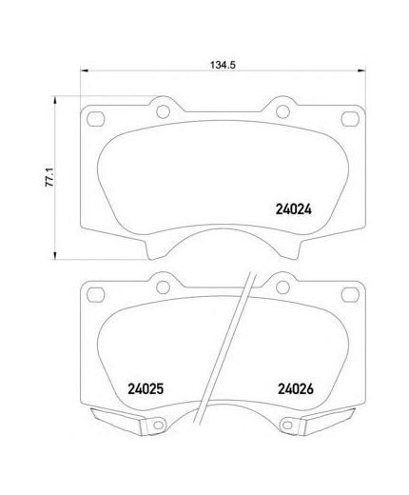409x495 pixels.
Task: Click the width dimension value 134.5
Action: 223,65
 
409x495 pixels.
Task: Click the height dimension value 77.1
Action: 50,178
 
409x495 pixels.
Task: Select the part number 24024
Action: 294,209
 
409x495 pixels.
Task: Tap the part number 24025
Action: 146,388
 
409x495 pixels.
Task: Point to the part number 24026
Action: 296,388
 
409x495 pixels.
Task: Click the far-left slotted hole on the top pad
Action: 95,119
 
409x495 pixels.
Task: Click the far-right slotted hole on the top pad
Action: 350,119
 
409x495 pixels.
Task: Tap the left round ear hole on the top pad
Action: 163,111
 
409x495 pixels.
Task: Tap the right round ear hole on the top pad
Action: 282,111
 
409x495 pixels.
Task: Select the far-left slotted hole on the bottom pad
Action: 95,295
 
